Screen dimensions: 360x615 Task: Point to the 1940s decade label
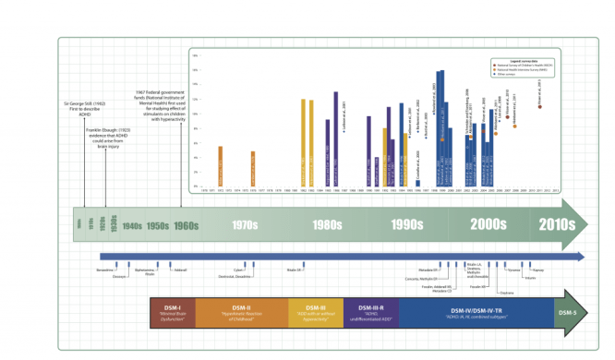point(131,226)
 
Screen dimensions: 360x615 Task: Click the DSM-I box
point(172,312)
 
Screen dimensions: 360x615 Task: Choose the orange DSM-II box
point(242,312)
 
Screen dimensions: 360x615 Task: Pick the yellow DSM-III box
point(316,312)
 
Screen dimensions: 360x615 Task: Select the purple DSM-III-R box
point(377,312)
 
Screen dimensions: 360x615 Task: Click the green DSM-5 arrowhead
point(570,312)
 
